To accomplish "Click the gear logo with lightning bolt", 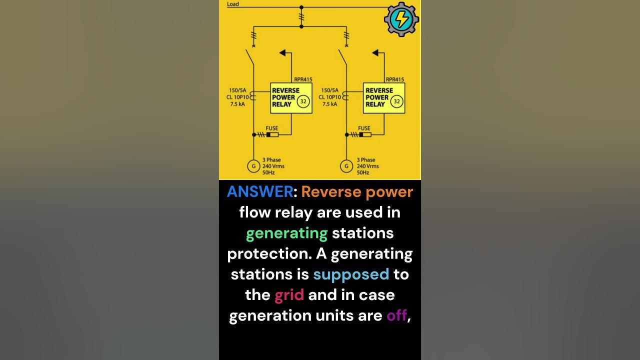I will click(x=401, y=19).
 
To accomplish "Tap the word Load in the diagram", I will click(x=233, y=4).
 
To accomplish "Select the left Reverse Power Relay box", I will click(x=291, y=97).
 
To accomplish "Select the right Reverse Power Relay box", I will click(x=384, y=97).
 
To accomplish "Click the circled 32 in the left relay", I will click(x=303, y=101).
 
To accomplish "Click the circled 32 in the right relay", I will click(x=396, y=101).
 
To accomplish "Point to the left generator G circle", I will click(x=253, y=166).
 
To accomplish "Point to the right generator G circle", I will click(x=346, y=166).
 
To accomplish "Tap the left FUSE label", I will click(x=272, y=128).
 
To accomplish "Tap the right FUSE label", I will click(x=364, y=128).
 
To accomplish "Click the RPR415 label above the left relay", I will click(x=301, y=79).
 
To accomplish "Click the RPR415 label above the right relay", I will click(x=394, y=79).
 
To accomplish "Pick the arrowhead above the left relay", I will click(x=282, y=52).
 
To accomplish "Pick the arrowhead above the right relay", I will click(x=375, y=52).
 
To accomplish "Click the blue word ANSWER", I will click(x=260, y=192).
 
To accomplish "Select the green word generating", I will click(x=286, y=233).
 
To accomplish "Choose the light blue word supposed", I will click(x=351, y=274).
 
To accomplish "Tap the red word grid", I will click(x=289, y=294).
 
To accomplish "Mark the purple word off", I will click(x=396, y=315).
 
